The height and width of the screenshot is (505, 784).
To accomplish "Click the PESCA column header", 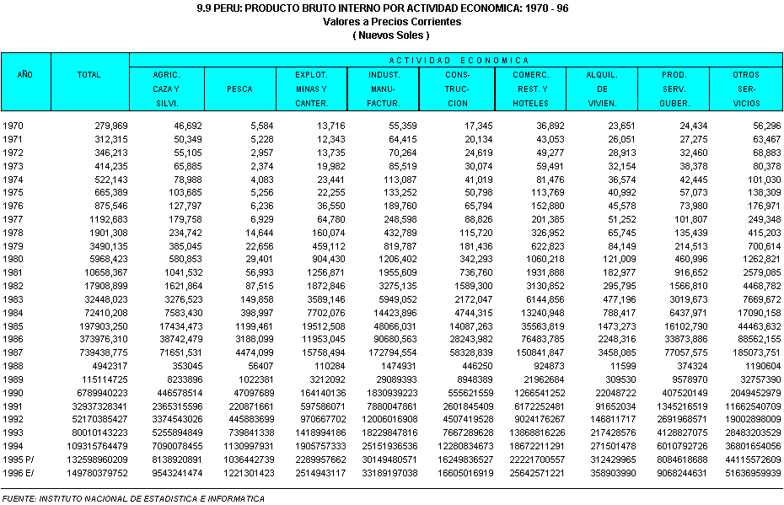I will click(239, 89).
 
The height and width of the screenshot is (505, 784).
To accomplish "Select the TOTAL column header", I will click(89, 75).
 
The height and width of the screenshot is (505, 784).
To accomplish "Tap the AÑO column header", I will click(25, 75).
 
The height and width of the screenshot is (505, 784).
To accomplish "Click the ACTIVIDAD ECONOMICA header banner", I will click(459, 61).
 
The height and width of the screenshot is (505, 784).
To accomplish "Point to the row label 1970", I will click(13, 126).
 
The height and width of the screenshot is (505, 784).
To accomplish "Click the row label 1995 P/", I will click(19, 459).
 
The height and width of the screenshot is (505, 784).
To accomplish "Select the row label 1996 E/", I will click(19, 473).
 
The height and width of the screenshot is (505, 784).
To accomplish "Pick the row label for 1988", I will click(13, 365).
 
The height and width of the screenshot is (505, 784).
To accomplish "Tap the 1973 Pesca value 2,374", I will click(258, 166).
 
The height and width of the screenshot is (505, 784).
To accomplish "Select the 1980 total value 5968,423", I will click(105, 259).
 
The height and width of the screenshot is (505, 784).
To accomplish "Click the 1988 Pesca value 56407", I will click(256, 365).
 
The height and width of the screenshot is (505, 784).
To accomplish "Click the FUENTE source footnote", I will click(132, 498).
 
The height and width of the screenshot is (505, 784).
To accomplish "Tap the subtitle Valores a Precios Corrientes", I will click(392, 22).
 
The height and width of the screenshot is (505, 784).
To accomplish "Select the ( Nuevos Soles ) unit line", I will click(392, 35).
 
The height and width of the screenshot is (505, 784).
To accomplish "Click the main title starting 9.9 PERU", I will click(392, 9).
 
